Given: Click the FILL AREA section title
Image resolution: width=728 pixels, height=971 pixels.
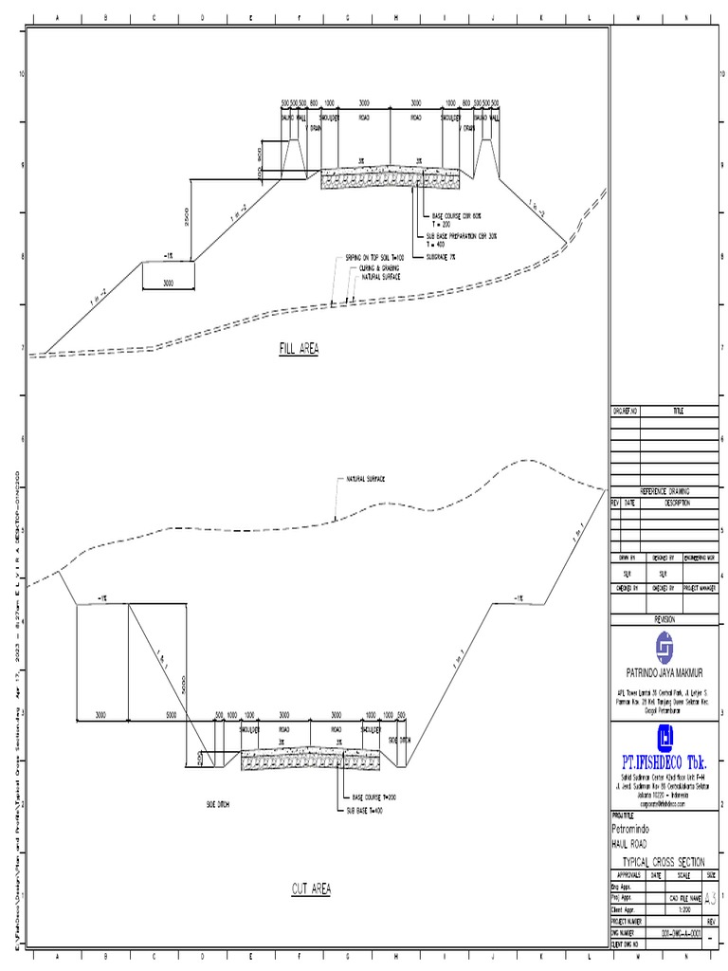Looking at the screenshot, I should tap(299, 349).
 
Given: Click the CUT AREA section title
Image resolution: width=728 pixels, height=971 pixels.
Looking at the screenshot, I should tap(310, 889).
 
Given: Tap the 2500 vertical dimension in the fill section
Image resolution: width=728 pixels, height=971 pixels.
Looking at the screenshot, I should tap(188, 218).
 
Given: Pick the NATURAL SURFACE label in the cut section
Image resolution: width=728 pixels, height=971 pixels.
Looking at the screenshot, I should tap(365, 479).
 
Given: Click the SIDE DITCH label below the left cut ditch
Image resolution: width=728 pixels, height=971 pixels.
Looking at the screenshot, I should tap(218, 804).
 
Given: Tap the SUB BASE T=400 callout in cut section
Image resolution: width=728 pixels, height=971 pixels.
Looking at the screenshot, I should tap(366, 811).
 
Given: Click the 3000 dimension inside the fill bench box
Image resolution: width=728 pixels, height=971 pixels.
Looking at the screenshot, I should tap(168, 283).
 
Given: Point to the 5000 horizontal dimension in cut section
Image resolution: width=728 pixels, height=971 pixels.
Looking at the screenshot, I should tap(171, 714).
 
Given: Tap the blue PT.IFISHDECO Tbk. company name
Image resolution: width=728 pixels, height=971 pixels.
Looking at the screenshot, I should tap(667, 761).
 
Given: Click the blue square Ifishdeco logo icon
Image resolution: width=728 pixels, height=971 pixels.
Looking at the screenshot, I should tap(667, 737).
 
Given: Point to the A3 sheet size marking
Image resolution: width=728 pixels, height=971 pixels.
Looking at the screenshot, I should tap(711, 897).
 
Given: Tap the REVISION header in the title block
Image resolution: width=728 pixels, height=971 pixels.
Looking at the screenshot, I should tap(666, 618).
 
